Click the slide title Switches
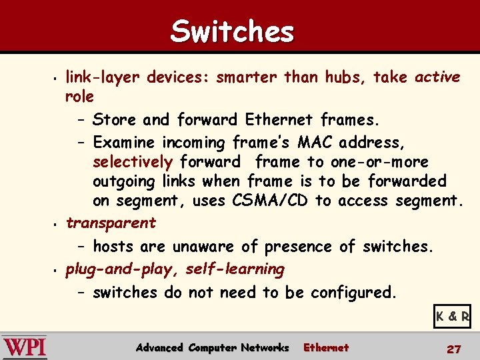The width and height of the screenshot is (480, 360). [x=232, y=31]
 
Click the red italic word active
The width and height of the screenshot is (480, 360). [x=437, y=77]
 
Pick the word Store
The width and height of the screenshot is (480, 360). [x=115, y=120]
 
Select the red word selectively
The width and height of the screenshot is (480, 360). [x=133, y=162]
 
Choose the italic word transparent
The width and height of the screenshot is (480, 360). [x=111, y=223]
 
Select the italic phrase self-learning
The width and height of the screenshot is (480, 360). [x=235, y=269]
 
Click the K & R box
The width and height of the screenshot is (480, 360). [x=452, y=317]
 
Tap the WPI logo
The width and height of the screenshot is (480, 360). [x=25, y=347]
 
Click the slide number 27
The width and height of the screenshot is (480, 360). [x=453, y=349]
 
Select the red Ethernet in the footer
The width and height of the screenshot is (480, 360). [x=326, y=347]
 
